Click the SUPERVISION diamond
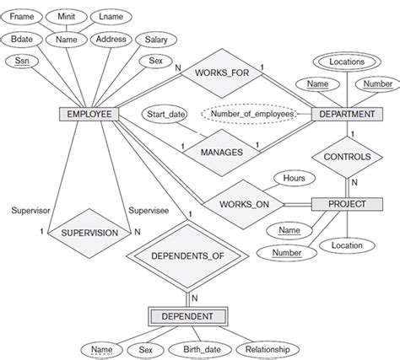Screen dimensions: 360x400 click(87, 231)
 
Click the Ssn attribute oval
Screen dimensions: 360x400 click(23, 61)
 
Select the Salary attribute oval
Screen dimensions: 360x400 click(156, 40)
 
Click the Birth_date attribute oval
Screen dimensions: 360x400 click(199, 348)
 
